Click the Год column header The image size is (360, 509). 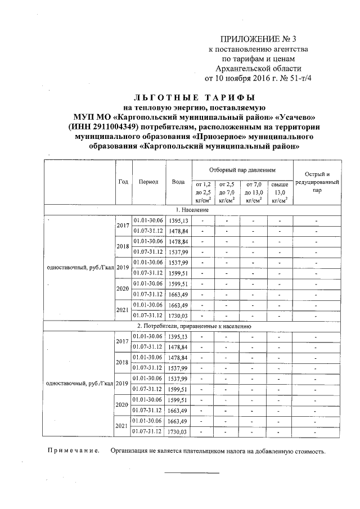click(123, 182)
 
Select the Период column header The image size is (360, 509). click(148, 182)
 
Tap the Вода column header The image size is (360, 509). click(178, 182)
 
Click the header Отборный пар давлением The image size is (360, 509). click(242, 169)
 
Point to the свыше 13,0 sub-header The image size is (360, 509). click(280, 191)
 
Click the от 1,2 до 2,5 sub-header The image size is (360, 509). click(202, 191)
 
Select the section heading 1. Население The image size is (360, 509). click(193, 209)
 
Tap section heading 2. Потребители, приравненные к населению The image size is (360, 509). click(193, 326)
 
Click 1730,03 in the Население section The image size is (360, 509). click(178, 315)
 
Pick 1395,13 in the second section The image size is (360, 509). click(178, 336)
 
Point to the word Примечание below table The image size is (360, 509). click(73, 451)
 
